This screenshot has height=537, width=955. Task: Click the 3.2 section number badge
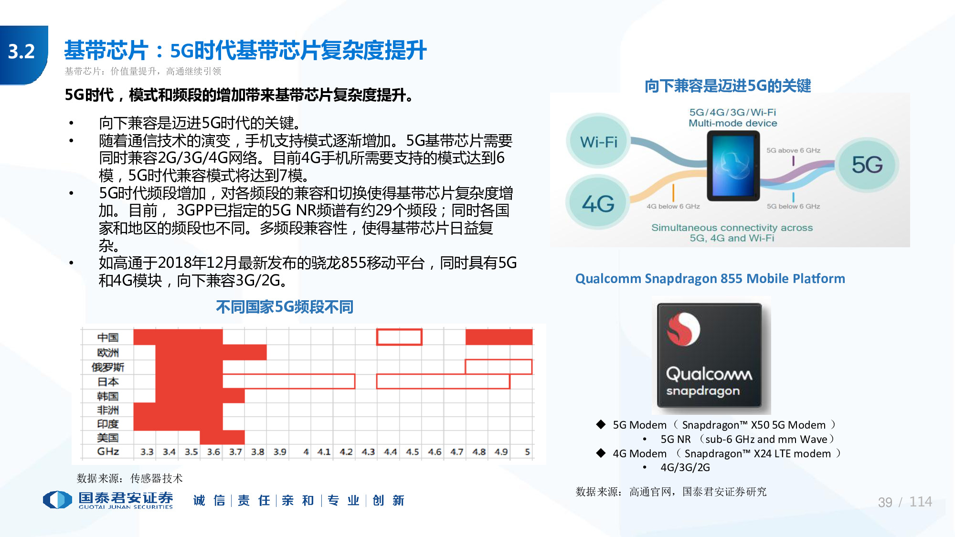[x=22, y=52]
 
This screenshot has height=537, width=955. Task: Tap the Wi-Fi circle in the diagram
[x=598, y=142]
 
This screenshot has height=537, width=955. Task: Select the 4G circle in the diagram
[x=598, y=204]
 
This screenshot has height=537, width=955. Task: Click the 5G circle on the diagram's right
[x=867, y=165]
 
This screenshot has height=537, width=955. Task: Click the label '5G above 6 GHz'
[x=793, y=150]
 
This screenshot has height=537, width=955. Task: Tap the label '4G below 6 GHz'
[x=673, y=206]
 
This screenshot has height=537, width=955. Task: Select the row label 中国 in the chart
[x=108, y=337]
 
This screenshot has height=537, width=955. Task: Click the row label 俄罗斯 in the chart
[x=108, y=367]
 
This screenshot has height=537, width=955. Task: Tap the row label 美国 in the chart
[x=108, y=438]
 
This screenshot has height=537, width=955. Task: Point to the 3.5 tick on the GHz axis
[x=191, y=452]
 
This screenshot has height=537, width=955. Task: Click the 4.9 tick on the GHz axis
[x=501, y=452]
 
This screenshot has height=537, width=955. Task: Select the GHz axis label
[x=108, y=452]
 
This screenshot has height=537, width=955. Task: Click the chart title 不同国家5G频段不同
[x=285, y=307]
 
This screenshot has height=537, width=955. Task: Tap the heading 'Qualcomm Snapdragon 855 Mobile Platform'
[x=710, y=279]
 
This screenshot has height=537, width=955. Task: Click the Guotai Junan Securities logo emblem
[x=57, y=500]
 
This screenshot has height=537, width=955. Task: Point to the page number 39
[x=885, y=502]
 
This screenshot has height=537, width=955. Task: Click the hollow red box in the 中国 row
[x=399, y=337]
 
